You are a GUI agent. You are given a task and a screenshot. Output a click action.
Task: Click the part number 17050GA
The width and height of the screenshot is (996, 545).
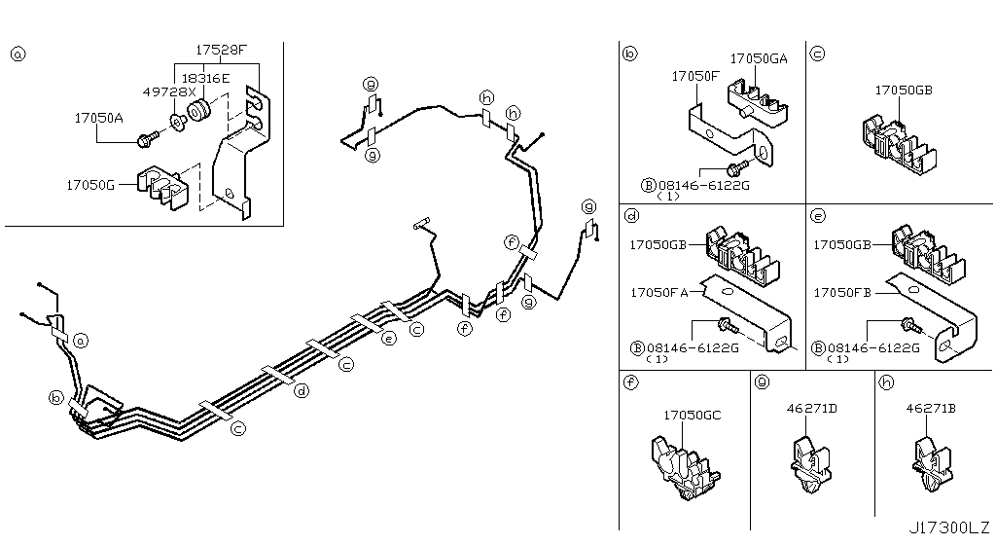point(759,58)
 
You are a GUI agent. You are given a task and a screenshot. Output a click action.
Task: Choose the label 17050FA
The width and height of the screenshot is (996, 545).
point(658,292)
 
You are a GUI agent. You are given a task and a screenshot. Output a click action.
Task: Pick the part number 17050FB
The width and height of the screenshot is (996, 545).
point(842,292)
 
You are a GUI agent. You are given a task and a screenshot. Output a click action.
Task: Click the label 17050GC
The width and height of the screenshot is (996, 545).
point(692,416)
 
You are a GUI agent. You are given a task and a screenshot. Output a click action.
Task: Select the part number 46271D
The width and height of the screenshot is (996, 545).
point(810,409)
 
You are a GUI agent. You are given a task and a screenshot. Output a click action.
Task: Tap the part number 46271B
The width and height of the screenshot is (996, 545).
point(931,409)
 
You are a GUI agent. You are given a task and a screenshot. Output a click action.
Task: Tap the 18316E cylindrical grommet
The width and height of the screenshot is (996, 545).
point(200,109)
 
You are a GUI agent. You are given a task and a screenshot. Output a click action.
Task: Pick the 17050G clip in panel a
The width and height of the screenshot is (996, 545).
point(161,189)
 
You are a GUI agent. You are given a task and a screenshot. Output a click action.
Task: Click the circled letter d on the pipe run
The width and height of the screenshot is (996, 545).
point(302,390)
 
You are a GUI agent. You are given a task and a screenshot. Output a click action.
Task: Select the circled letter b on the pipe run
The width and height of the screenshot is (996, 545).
point(56,397)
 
